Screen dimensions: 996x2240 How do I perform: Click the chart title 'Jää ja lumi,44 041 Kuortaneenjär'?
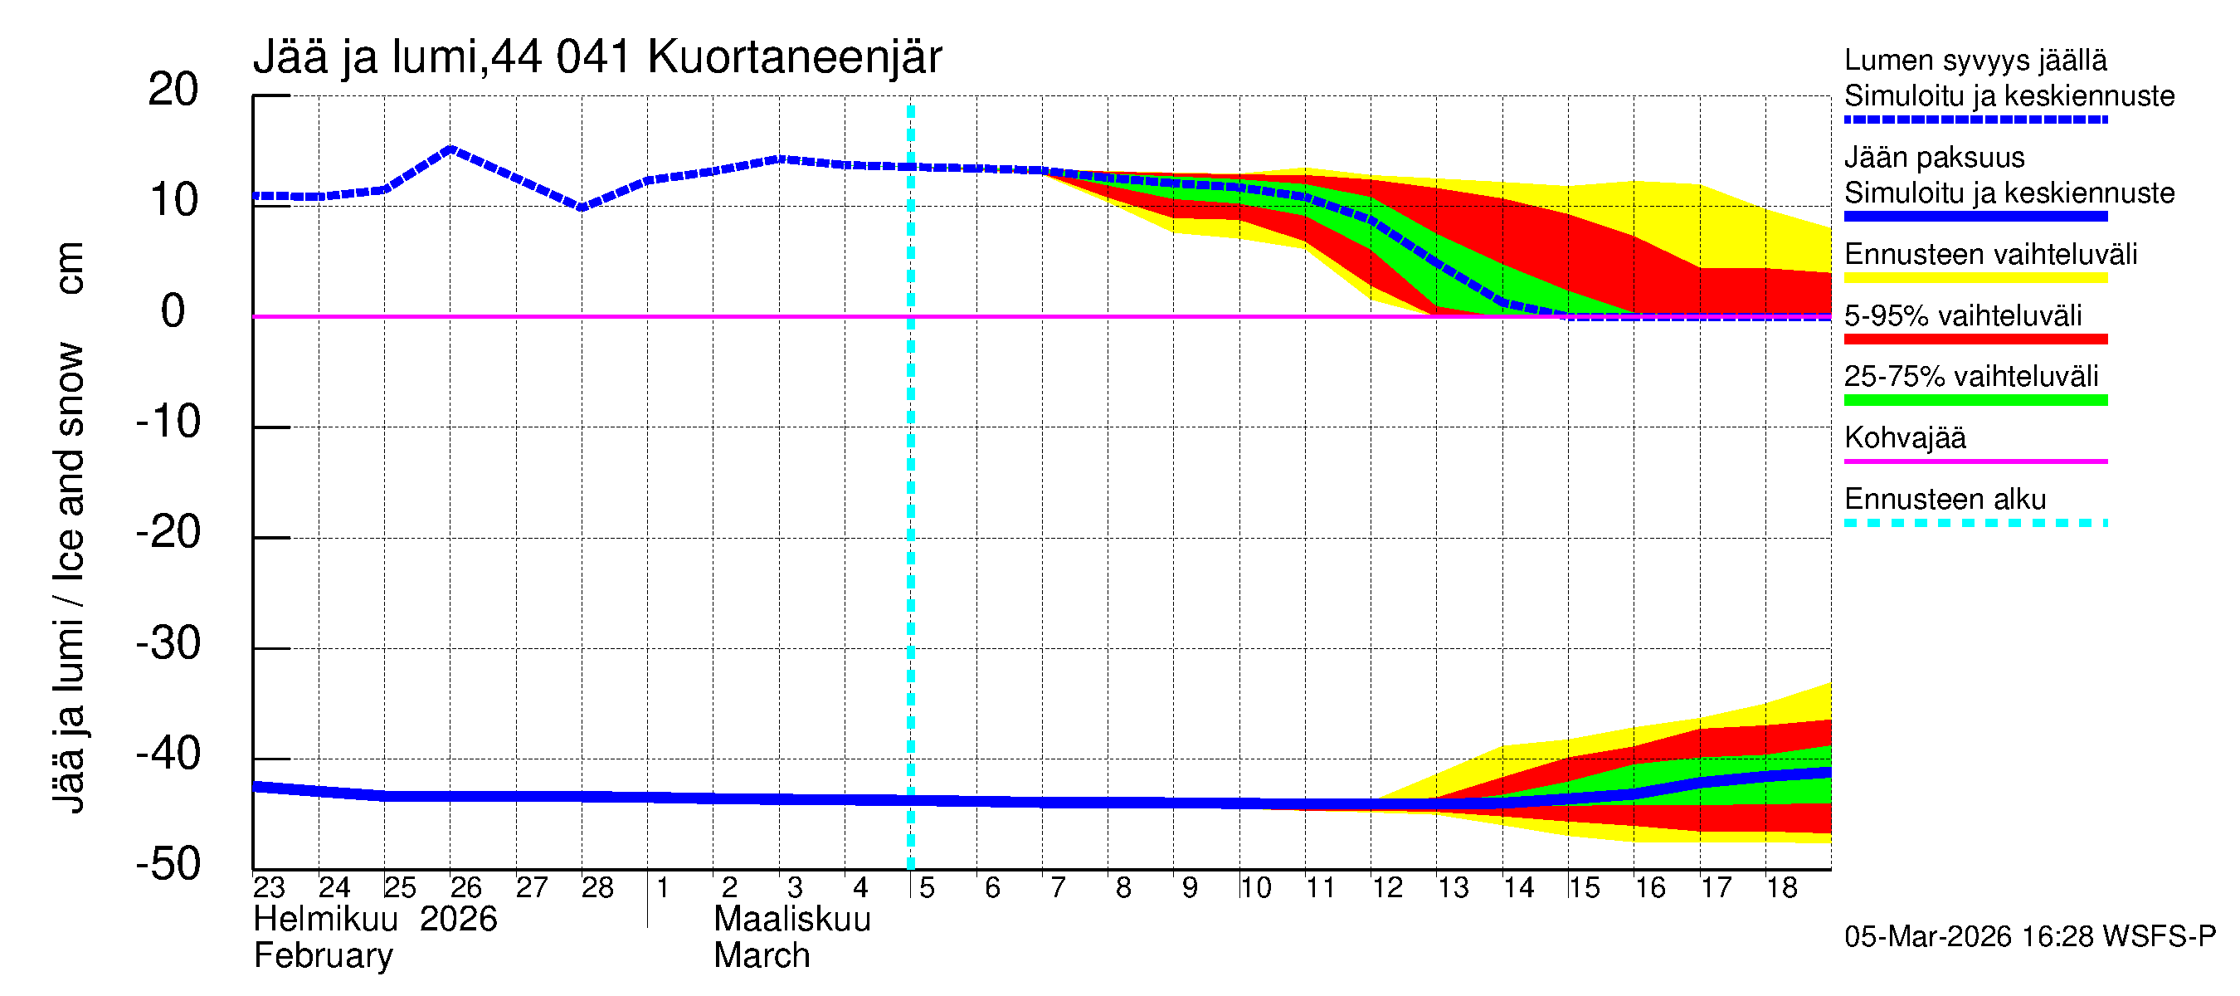click(597, 58)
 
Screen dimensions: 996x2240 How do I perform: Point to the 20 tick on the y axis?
click(173, 90)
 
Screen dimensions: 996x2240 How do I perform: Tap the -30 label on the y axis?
click(168, 644)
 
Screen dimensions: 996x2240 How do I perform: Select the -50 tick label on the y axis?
click(168, 865)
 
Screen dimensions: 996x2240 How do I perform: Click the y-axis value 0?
click(173, 311)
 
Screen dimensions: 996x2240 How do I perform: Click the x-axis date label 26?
click(465, 887)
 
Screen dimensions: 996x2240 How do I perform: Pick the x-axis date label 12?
click(1387, 887)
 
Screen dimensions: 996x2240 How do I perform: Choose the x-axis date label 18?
click(1782, 887)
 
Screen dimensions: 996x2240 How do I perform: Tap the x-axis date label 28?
click(597, 887)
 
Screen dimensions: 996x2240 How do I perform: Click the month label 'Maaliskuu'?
click(792, 920)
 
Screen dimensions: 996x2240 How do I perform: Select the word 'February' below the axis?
click(324, 956)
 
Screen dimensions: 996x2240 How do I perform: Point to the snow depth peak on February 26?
click(450, 149)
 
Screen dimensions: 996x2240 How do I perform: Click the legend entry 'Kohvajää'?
click(1904, 437)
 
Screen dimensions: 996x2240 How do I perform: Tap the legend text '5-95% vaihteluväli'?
click(1963, 315)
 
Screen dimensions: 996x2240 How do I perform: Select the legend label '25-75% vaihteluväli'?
click(1970, 377)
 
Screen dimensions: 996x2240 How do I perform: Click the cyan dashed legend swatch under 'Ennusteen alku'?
click(1975, 523)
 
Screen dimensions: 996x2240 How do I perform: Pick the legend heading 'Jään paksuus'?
click(1934, 158)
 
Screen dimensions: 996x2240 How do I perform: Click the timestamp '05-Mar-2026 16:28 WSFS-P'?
click(2029, 936)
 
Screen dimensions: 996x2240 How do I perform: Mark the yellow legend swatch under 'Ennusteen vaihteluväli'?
click(1975, 278)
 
